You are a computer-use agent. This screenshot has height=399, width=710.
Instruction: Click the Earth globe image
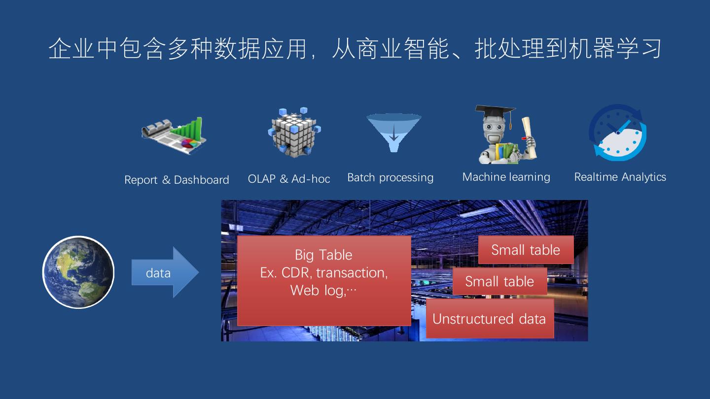[x=78, y=272]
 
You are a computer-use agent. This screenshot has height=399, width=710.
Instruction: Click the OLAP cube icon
[x=294, y=132]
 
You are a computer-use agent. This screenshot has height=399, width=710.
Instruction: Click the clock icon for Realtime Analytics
[x=618, y=133]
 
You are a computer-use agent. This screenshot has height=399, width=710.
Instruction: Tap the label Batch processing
[x=390, y=178]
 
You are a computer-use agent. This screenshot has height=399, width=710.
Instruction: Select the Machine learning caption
[x=506, y=177]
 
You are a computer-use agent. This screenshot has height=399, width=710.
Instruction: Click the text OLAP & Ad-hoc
[x=289, y=179]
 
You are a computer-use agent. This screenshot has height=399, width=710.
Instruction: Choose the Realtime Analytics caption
[x=620, y=177]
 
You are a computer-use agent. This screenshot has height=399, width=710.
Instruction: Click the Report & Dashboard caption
[x=177, y=180]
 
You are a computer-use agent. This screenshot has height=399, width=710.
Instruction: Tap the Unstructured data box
[x=489, y=319]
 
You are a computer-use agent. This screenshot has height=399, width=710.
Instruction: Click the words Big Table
[x=323, y=255]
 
